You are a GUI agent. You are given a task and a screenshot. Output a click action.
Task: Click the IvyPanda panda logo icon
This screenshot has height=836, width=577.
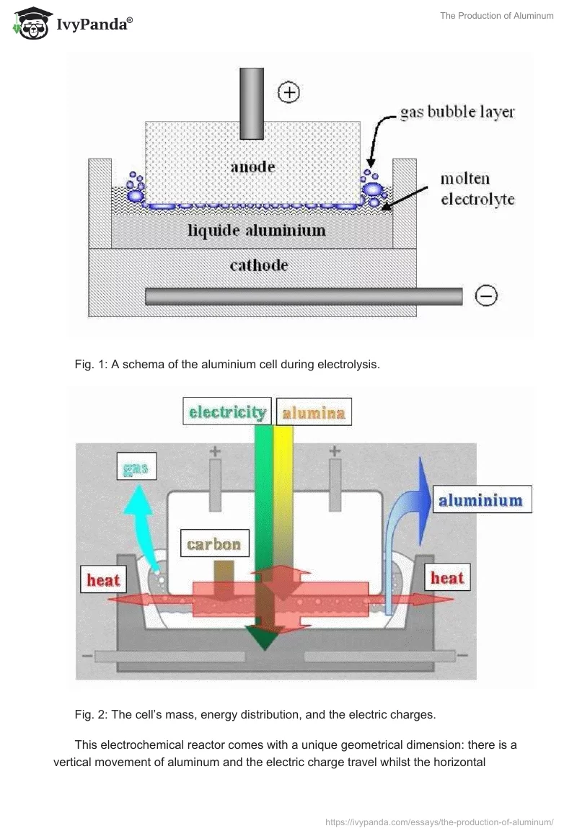tap(30, 24)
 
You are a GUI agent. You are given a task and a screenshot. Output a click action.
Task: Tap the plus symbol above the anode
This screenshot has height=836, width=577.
tap(288, 92)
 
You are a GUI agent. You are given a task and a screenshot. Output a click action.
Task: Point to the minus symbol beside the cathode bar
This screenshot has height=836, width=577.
tap(486, 295)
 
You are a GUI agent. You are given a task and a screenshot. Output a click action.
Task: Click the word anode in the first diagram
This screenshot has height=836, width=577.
tap(252, 166)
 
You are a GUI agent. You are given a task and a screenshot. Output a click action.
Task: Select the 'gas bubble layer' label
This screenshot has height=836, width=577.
tap(457, 112)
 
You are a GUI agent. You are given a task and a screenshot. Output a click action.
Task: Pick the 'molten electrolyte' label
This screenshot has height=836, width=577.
tap(477, 189)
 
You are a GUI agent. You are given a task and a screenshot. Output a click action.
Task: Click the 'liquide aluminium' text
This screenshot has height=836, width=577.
tap(257, 231)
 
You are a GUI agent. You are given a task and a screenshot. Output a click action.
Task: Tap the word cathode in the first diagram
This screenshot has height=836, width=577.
tap(258, 265)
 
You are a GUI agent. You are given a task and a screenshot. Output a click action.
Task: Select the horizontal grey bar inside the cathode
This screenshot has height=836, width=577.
tap(303, 296)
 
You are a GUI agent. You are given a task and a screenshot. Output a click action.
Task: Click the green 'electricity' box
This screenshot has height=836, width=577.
tap(227, 412)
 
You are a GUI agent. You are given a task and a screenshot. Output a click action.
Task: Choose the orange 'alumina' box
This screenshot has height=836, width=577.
tap(313, 413)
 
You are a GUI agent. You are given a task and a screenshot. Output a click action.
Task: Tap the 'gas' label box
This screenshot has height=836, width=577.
tap(136, 470)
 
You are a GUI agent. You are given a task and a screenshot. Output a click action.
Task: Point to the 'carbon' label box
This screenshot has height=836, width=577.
tap(213, 543)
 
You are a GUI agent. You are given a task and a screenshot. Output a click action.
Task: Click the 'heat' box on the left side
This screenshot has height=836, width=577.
tap(103, 579)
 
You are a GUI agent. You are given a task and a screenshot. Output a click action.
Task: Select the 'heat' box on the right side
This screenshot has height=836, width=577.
tap(446, 577)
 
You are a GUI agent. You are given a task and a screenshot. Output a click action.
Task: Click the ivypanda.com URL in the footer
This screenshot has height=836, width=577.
tap(439, 822)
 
